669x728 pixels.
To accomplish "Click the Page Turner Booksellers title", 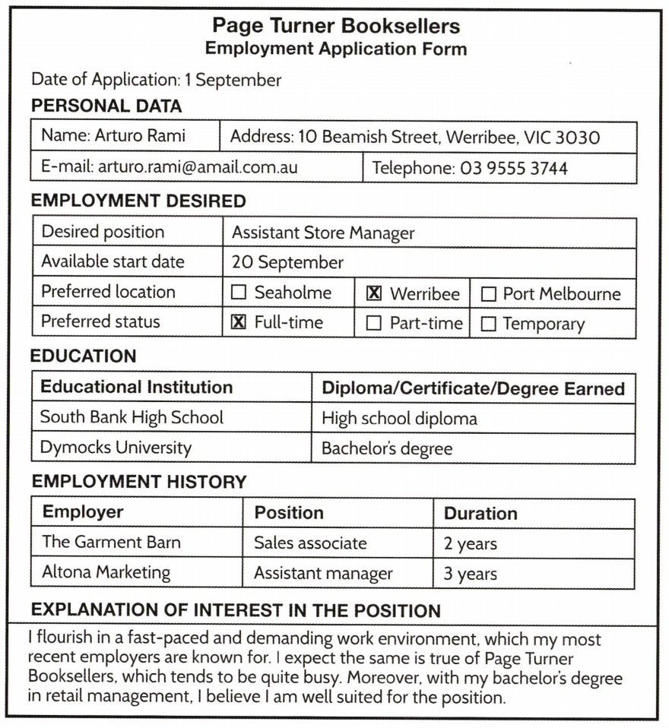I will (336, 27).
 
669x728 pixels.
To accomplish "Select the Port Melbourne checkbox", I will (489, 294).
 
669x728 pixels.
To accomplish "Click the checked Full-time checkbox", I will (239, 323).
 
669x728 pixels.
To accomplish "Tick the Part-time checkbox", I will (374, 324).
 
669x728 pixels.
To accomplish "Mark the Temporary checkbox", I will (489, 324).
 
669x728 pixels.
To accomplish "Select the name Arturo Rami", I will (146, 137).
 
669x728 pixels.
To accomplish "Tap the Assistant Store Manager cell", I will (322, 233).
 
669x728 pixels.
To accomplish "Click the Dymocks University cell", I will (116, 448).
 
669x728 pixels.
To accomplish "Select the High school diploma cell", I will (399, 418).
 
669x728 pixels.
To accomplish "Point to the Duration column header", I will (480, 514).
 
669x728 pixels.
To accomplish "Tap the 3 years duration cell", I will (470, 573).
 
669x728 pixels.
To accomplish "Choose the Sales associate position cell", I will (310, 543).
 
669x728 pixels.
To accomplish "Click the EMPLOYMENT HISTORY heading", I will (139, 481).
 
